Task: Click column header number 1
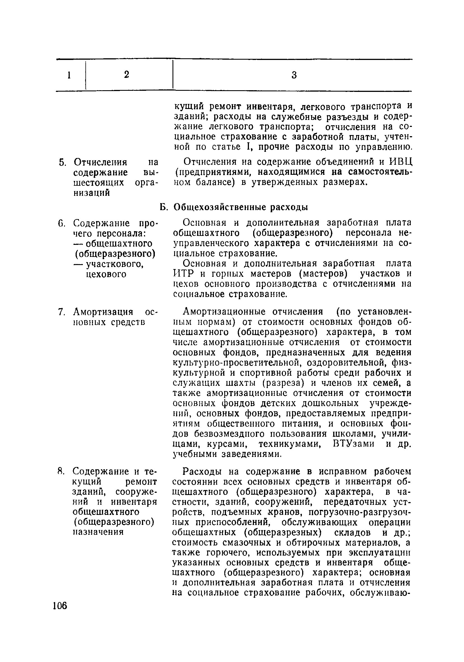point(69,76)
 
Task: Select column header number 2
point(126,75)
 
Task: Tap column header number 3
point(294,75)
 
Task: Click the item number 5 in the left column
point(62,162)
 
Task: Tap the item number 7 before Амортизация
point(61,312)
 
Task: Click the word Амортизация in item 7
point(103,312)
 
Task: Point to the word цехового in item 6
point(106,274)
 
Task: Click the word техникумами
point(290,444)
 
